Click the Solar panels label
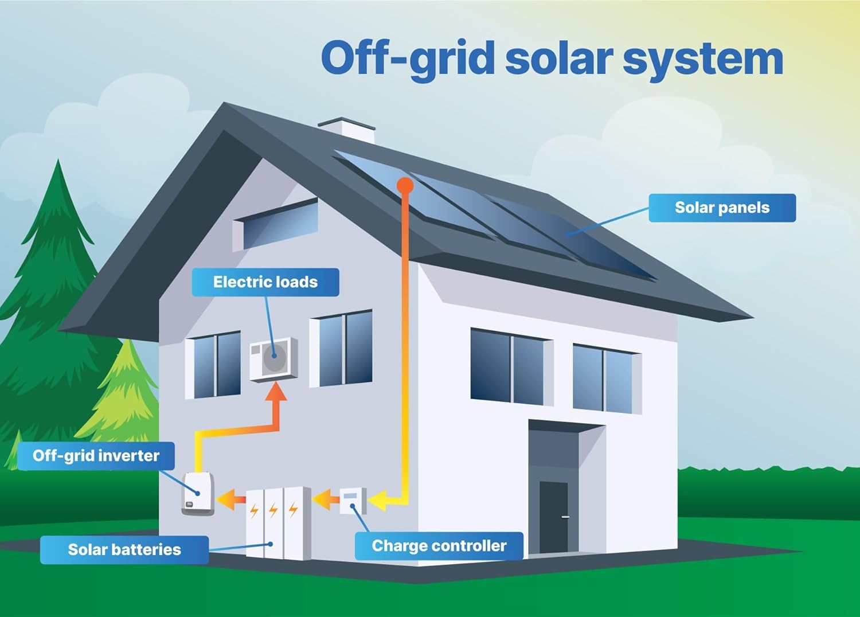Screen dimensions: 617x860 click(722, 208)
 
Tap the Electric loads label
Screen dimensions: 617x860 click(265, 282)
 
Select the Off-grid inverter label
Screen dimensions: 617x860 click(96, 456)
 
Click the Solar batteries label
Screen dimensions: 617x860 click(124, 549)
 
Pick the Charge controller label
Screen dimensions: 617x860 click(439, 546)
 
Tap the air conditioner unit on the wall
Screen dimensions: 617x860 click(273, 359)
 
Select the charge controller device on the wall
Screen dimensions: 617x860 click(352, 501)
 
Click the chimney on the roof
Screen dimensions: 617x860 click(347, 130)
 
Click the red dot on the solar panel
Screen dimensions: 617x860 click(405, 185)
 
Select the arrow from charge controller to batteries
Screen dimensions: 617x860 click(326, 499)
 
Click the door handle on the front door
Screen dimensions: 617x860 click(565, 517)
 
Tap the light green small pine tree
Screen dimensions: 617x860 click(123, 396)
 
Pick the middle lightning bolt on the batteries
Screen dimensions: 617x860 click(273, 510)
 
